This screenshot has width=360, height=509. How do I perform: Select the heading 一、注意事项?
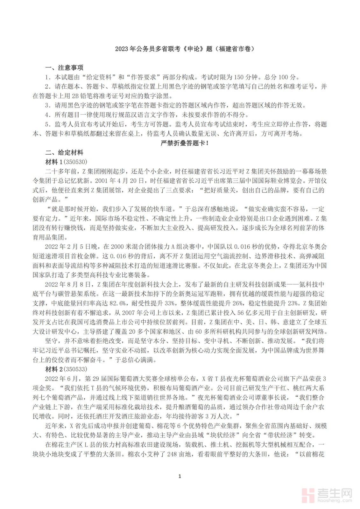coord(64,68)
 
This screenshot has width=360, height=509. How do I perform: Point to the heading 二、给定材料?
coord(64,153)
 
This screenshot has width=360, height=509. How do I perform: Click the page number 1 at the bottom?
coord(180,476)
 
